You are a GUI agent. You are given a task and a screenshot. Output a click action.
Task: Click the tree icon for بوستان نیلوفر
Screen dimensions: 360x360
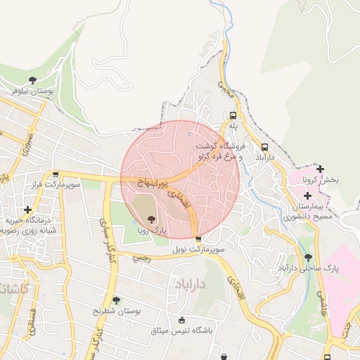point(32,80)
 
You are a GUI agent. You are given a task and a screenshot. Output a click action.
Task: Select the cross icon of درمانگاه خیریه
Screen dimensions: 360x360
point(28,210)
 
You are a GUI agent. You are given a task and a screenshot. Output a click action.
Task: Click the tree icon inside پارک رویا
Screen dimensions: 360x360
point(151,219)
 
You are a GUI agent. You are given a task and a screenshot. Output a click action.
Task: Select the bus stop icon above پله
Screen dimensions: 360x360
point(233,115)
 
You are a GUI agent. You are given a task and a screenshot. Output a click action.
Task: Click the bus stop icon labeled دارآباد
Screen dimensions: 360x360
point(264,147)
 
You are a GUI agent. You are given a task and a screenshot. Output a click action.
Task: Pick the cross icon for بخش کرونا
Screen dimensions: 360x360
point(321,169)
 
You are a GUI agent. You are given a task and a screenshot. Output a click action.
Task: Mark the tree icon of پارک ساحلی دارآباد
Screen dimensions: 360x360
point(309,257)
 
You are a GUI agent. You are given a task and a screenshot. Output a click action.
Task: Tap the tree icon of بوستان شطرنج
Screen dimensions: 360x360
point(117,300)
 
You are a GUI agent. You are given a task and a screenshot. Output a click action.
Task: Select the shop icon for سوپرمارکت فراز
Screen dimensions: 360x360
point(56,174)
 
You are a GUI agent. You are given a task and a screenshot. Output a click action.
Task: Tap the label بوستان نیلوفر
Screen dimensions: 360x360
point(32,91)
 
